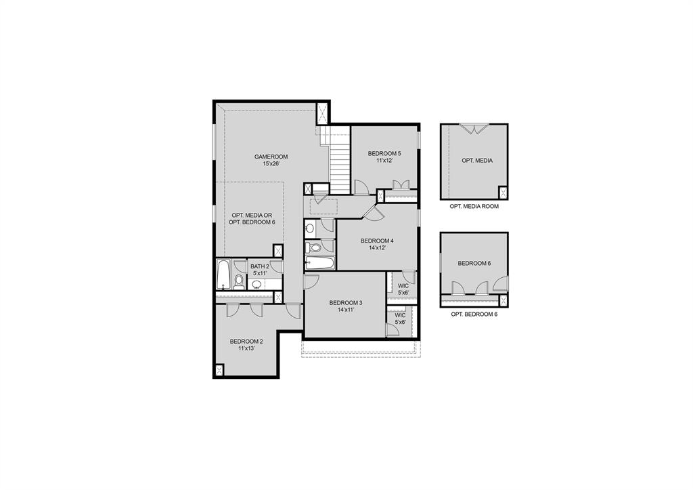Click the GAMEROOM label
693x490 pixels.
click(x=267, y=157)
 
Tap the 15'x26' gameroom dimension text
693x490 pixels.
click(x=267, y=164)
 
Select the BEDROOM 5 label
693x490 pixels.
click(x=384, y=153)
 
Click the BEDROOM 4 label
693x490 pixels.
click(x=377, y=241)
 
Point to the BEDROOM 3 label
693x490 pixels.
click(x=346, y=302)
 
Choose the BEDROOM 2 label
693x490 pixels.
click(x=246, y=341)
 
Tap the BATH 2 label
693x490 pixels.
click(x=260, y=266)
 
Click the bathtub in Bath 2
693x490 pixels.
click(x=223, y=276)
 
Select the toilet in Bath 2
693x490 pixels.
click(x=239, y=282)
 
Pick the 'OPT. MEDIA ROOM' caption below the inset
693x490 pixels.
click(x=474, y=206)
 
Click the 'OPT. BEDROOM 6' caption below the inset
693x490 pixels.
click(x=474, y=314)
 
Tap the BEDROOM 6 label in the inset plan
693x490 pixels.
click(x=474, y=263)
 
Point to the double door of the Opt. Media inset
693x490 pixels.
click(x=474, y=128)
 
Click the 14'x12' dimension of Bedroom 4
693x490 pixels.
click(x=377, y=248)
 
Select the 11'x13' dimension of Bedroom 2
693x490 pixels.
click(x=246, y=348)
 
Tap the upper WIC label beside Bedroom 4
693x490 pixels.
click(x=403, y=286)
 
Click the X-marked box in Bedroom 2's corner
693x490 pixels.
click(x=219, y=370)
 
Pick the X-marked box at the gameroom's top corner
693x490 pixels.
click(x=323, y=113)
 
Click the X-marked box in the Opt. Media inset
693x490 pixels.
click(x=502, y=191)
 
